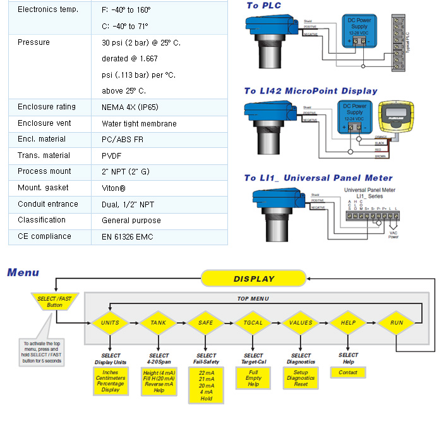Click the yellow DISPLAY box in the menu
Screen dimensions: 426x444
254,278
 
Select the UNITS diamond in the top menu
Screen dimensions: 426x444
110,322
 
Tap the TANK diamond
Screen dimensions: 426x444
159,322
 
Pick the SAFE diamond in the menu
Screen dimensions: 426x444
206,322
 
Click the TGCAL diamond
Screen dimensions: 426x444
253,322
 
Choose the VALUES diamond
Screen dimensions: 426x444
301,322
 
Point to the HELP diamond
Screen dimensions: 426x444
348,322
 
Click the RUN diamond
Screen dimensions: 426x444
396,322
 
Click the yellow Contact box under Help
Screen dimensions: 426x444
348,372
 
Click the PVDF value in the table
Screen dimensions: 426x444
112,155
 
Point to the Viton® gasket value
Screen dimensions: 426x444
114,188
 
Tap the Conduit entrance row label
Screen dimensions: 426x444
48,204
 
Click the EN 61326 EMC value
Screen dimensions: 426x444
128,237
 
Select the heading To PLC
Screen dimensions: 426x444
264,6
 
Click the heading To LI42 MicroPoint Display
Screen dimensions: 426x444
311,91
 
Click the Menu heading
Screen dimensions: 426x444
23,273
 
